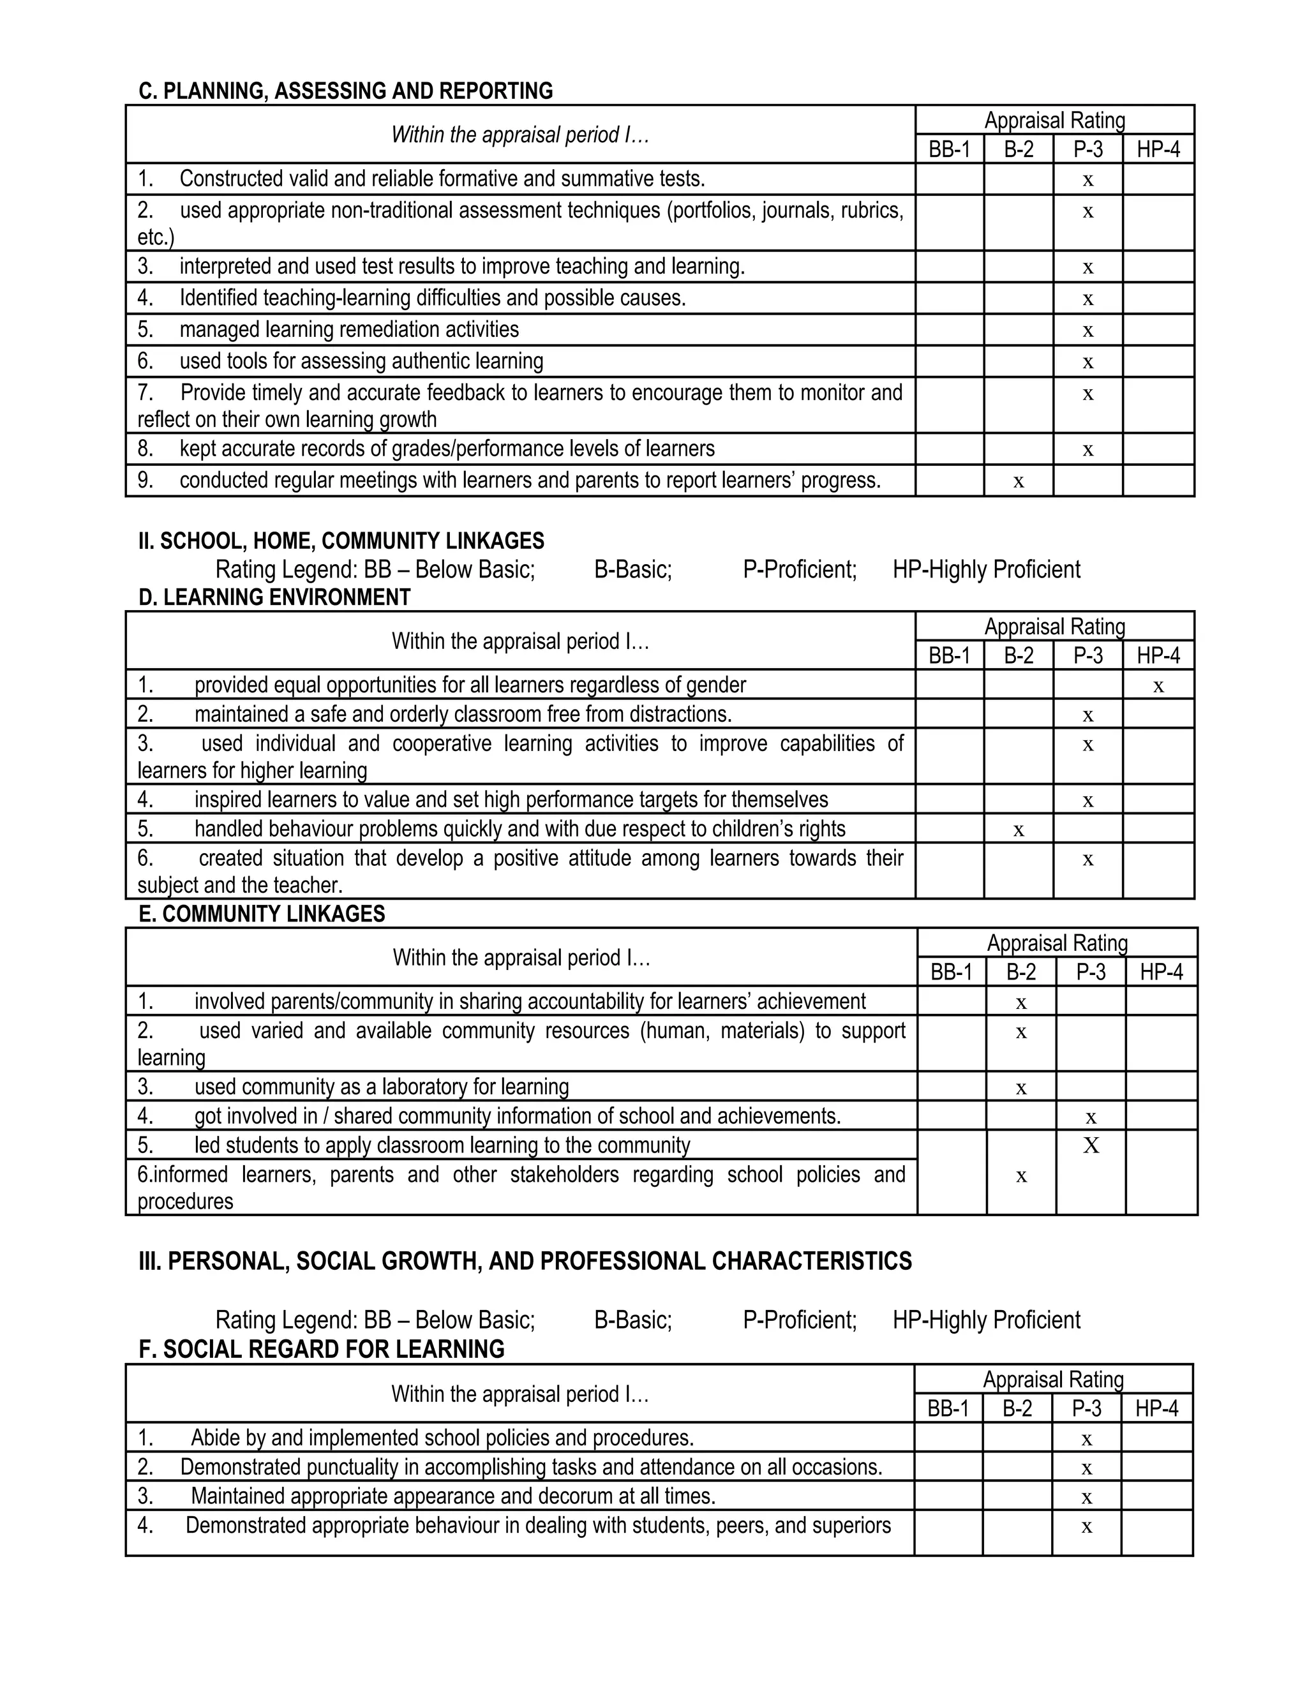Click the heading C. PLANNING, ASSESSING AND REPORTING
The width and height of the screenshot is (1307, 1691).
[x=345, y=91]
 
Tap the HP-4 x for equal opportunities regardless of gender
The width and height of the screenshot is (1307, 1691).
[x=1158, y=686]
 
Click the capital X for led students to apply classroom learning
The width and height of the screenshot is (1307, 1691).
[x=1091, y=1145]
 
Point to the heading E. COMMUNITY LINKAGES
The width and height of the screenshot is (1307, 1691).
[x=262, y=914]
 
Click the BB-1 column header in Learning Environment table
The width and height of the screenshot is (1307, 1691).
[x=949, y=656]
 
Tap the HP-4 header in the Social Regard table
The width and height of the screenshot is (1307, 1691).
[x=1157, y=1408]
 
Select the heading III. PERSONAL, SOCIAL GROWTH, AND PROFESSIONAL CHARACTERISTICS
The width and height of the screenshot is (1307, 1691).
[x=525, y=1262]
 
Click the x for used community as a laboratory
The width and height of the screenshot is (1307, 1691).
[x=1021, y=1089]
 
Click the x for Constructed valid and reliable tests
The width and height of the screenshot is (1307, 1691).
[x=1088, y=181]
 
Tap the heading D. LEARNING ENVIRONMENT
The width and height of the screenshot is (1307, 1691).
[x=274, y=597]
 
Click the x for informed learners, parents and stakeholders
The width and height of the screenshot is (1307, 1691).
[x=1021, y=1177]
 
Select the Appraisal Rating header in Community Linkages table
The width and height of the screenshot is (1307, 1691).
[x=1057, y=943]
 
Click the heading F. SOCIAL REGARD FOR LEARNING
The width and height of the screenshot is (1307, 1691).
[x=322, y=1350]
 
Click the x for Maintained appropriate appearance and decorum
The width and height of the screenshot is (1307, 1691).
[x=1086, y=1498]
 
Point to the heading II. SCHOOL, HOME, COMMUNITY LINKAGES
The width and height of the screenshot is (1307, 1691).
[x=341, y=540]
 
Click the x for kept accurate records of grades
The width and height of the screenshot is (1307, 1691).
[x=1088, y=451]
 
